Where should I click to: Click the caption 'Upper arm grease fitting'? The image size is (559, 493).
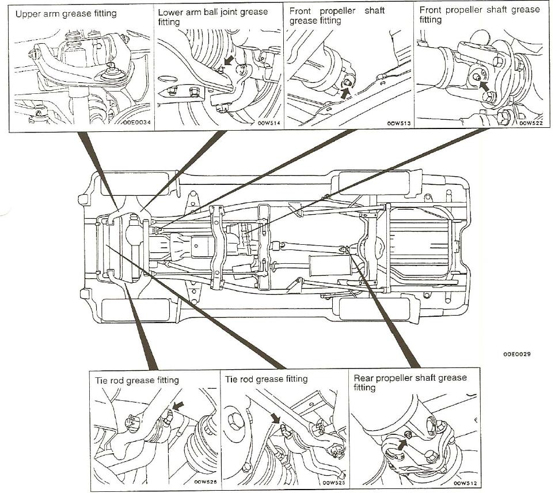66,13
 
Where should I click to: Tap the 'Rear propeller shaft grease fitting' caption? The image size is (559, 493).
410,382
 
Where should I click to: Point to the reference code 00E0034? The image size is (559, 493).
135,123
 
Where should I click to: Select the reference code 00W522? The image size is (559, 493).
530,123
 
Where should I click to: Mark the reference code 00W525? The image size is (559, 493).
333,483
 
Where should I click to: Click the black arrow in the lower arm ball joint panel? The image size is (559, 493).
229,60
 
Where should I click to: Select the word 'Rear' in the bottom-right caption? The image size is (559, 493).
364,378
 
